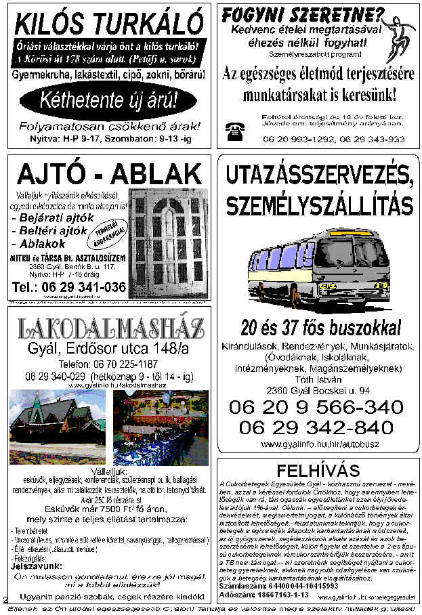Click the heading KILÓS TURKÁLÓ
[108, 26]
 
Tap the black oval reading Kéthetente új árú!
[108, 101]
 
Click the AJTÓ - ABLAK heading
[108, 175]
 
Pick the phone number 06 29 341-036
[70, 287]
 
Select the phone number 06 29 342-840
[316, 427]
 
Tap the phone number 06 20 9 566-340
[316, 407]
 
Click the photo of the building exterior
[58, 426]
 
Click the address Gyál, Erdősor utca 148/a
[108, 349]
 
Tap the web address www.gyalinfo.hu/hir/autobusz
[316, 444]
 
